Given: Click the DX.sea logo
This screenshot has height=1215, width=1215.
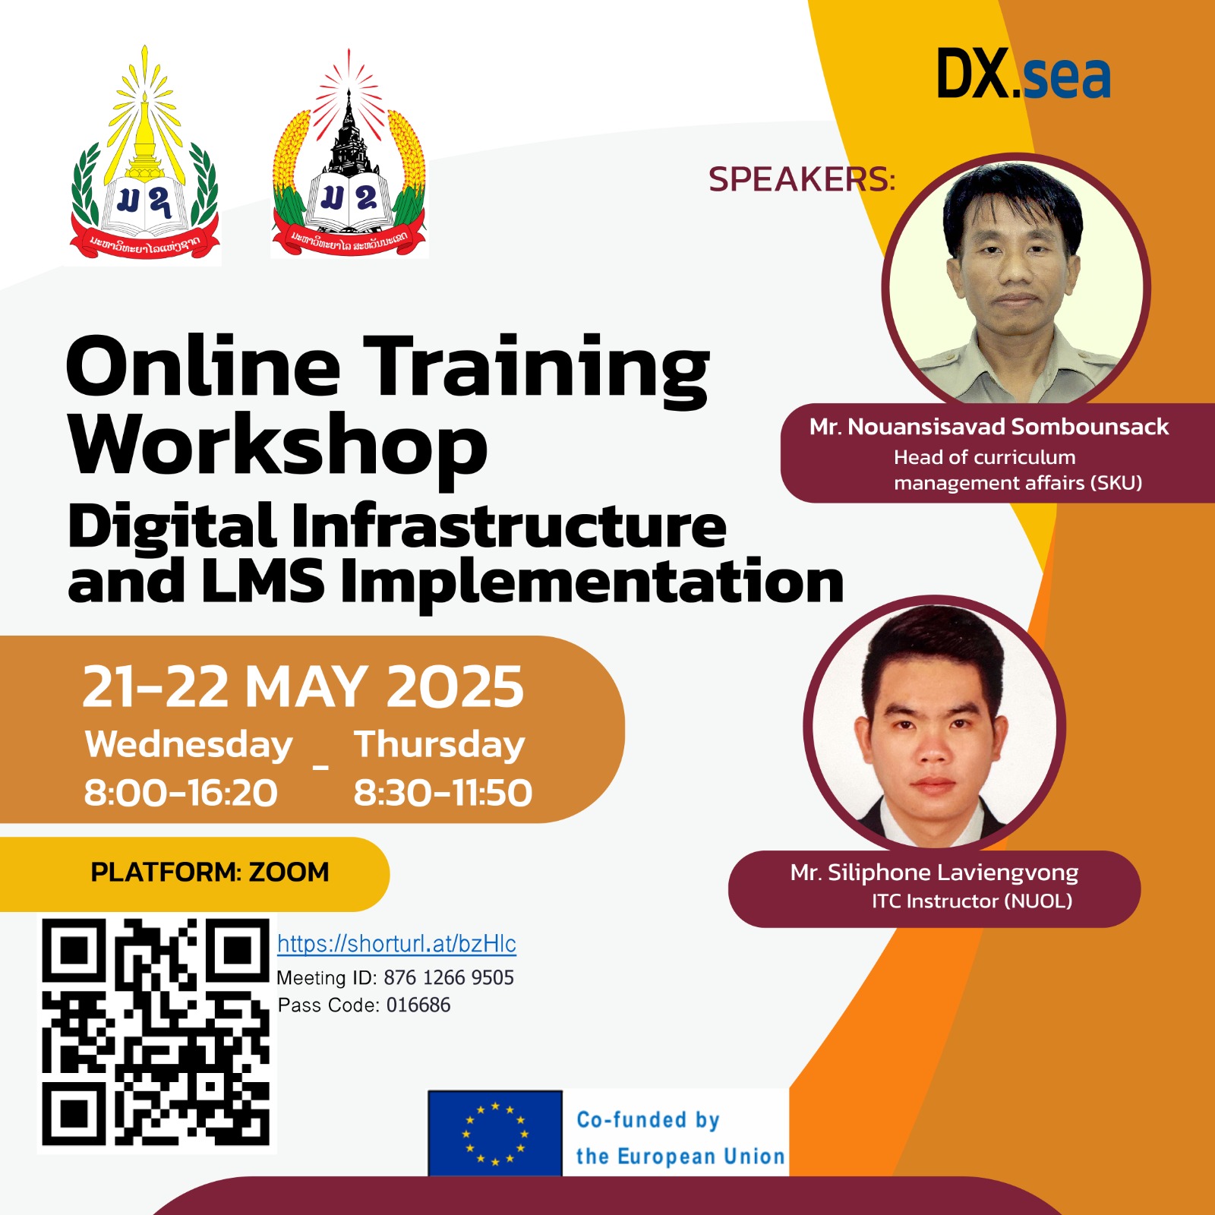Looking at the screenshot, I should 1023,74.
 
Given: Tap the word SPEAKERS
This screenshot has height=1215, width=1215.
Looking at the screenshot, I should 801,180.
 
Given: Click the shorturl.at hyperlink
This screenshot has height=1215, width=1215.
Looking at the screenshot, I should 396,944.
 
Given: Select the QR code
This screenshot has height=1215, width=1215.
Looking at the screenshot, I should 156,1032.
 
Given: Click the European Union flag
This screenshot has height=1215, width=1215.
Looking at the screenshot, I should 495,1133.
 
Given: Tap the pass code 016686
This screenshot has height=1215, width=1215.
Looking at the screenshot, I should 418,1005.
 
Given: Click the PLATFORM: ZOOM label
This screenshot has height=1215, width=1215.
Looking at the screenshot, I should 210,873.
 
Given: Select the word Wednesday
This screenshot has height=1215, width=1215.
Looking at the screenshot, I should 188,745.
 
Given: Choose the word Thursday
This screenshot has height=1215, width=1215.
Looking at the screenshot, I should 440,745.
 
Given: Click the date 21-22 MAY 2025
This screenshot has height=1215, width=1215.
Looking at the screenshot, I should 303,687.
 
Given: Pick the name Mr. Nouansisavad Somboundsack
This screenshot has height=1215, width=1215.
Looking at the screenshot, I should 989,427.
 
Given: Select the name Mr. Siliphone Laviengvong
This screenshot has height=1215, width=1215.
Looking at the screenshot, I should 934,873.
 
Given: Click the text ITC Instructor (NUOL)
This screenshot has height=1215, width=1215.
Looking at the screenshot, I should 972,901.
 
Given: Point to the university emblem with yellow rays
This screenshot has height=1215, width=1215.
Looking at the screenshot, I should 144,159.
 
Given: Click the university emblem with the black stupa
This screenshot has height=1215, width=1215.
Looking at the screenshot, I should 349,159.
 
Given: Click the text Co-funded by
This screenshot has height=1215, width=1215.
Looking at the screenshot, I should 648,1120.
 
